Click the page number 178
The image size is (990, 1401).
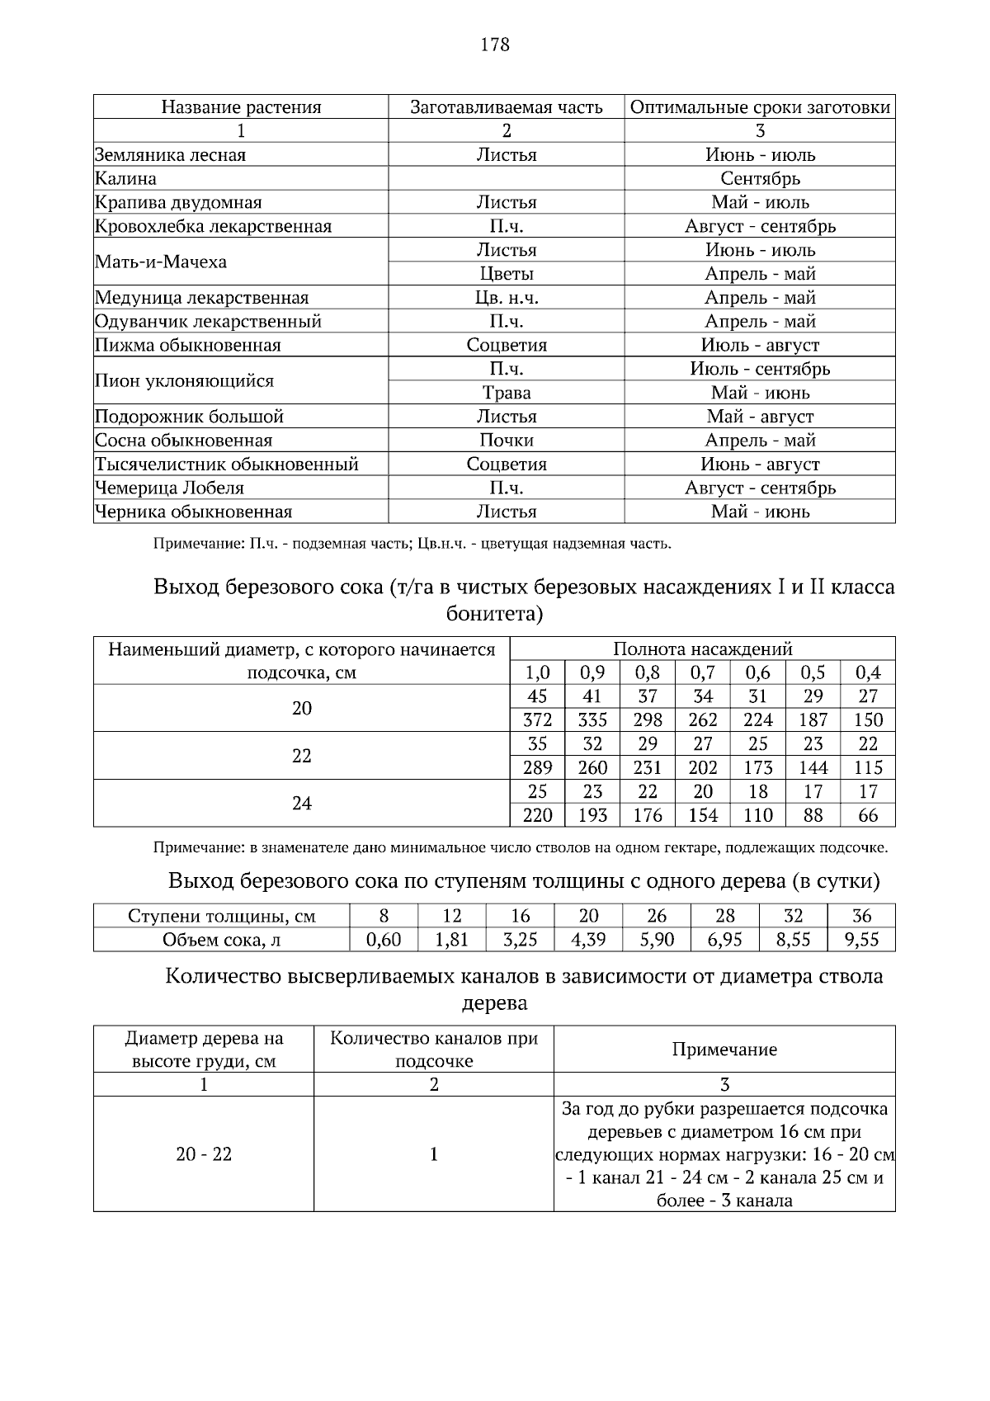tap(495, 45)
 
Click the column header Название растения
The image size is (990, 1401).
tap(240, 107)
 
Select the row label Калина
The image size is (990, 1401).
tap(125, 179)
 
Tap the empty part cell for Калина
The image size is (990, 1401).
tap(506, 179)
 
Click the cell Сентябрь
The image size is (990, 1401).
tap(760, 179)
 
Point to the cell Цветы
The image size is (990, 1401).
tap(506, 274)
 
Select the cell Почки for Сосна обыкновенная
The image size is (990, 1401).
tap(506, 441)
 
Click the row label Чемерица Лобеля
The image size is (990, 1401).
tap(169, 488)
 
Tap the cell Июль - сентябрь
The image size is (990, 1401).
tap(760, 369)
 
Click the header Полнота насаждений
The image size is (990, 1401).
tap(702, 649)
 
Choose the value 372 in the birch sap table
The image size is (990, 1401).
tap(537, 720)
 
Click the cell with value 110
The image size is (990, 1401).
tap(757, 816)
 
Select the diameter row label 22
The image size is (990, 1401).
tap(302, 756)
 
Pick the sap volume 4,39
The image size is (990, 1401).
tap(588, 940)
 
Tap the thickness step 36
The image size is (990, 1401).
tap(861, 916)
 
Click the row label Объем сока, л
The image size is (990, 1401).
tap(222, 940)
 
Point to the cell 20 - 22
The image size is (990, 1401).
tap(204, 1154)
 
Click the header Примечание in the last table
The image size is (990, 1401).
tap(724, 1050)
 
